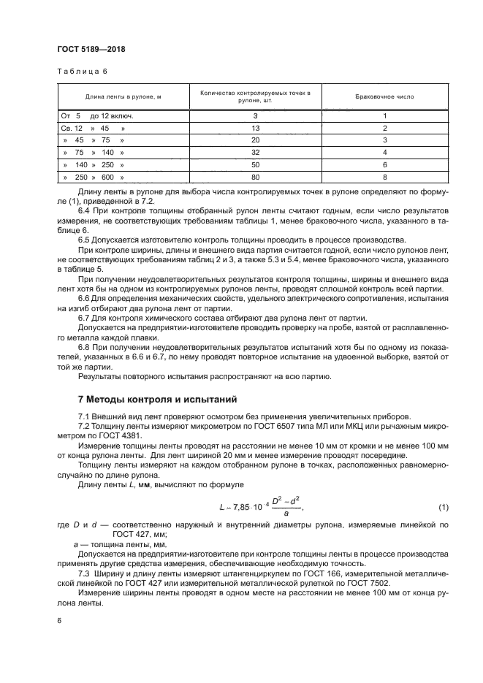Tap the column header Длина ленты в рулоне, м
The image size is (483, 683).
(x=123, y=96)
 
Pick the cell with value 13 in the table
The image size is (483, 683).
(x=255, y=128)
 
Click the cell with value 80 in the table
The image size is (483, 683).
(x=255, y=178)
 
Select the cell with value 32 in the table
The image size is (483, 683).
(x=255, y=153)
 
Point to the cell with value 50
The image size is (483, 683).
(x=255, y=165)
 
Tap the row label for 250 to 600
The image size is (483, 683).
(x=94, y=178)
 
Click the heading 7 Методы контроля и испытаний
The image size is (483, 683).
(x=158, y=400)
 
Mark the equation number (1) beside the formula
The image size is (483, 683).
(x=443, y=506)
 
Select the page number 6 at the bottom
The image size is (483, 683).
(x=59, y=621)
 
